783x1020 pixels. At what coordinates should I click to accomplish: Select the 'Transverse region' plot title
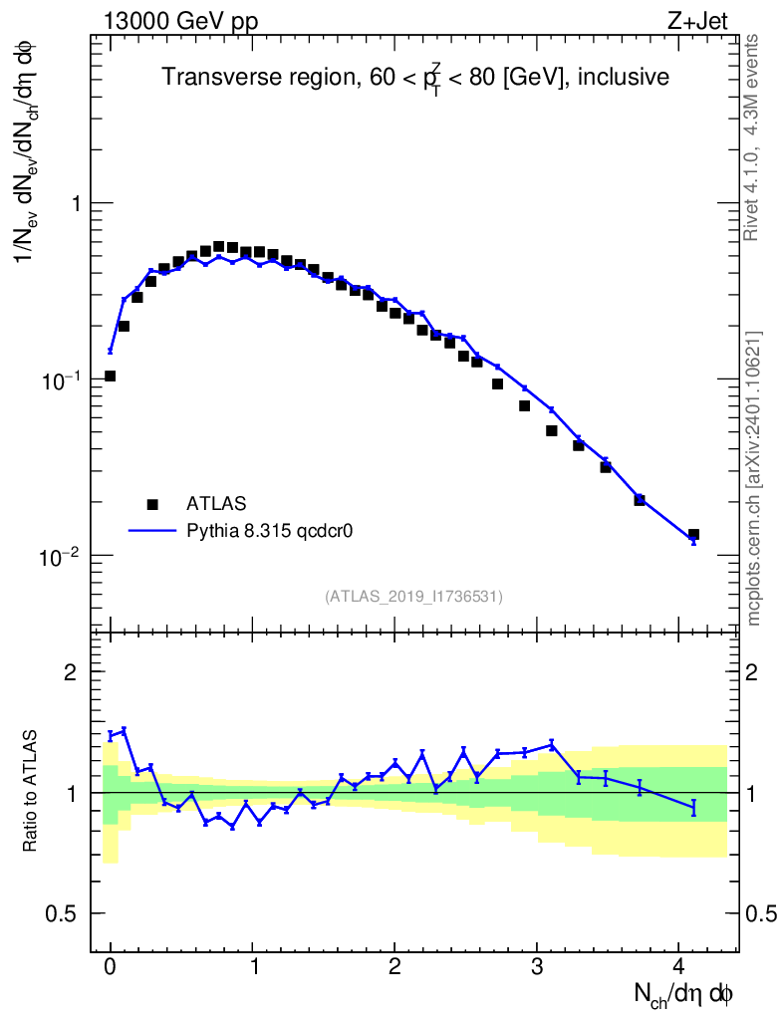click(415, 77)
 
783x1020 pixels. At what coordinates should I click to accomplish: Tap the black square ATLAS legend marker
click(152, 503)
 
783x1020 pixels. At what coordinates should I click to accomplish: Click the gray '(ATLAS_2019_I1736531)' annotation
click(413, 597)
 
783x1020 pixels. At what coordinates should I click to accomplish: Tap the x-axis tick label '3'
click(537, 966)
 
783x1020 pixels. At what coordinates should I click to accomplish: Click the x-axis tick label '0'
click(111, 966)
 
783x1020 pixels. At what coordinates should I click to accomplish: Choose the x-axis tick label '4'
click(679, 966)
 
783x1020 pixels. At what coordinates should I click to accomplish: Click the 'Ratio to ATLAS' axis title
click(31, 792)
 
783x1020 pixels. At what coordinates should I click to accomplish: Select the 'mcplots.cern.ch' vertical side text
click(754, 478)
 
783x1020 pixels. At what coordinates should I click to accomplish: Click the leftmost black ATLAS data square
click(110, 377)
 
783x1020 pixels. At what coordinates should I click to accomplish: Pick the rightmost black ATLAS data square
click(693, 535)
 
